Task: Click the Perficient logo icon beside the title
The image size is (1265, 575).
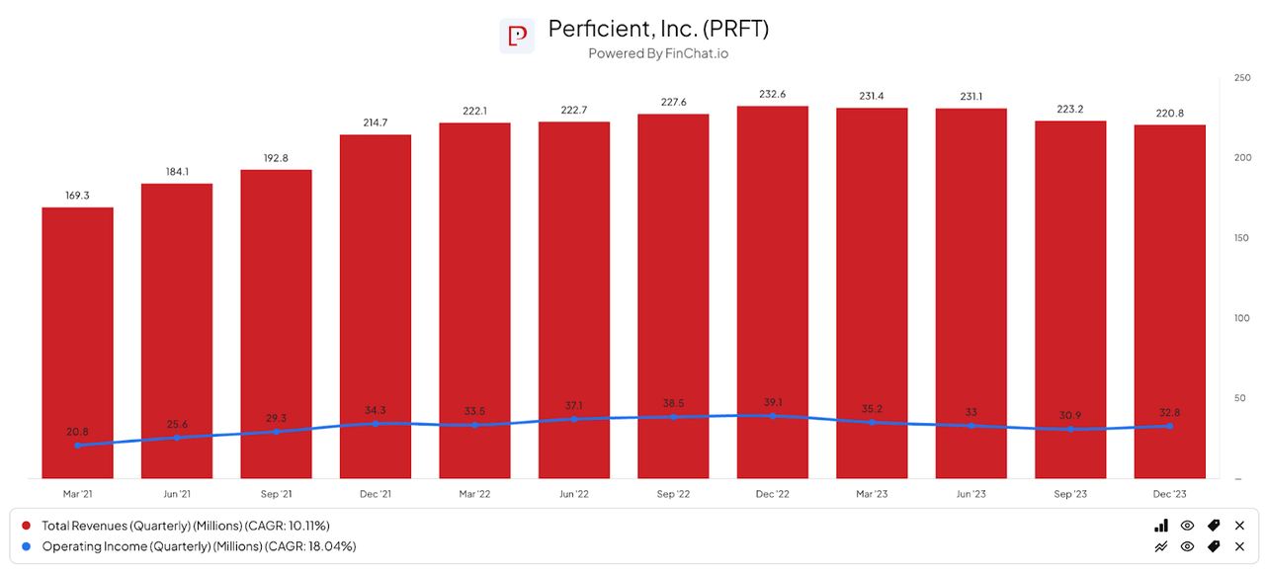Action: [517, 36]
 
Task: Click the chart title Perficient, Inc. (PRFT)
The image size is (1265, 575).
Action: [658, 29]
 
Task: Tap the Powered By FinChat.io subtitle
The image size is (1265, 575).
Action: [658, 53]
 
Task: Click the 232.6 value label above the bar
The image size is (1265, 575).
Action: [772, 94]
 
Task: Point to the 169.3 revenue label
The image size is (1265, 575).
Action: [77, 196]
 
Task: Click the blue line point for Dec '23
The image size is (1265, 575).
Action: [1169, 426]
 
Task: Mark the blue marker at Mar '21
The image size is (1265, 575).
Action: [77, 446]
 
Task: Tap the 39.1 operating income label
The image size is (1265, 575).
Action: [772, 401]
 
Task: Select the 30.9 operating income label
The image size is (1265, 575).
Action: [1070, 414]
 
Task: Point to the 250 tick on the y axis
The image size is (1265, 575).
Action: [1242, 77]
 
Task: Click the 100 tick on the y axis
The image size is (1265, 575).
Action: [1242, 318]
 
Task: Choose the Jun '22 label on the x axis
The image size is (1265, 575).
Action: [574, 493]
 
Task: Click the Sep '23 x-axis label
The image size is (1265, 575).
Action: [1070, 493]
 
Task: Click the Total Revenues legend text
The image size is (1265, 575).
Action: [185, 526]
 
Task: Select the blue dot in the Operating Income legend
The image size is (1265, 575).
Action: [27, 546]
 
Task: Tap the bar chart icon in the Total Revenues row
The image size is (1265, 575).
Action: [1161, 526]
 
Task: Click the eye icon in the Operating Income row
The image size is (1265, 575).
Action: [1187, 546]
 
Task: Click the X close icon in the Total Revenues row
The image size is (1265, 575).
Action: [1239, 526]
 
